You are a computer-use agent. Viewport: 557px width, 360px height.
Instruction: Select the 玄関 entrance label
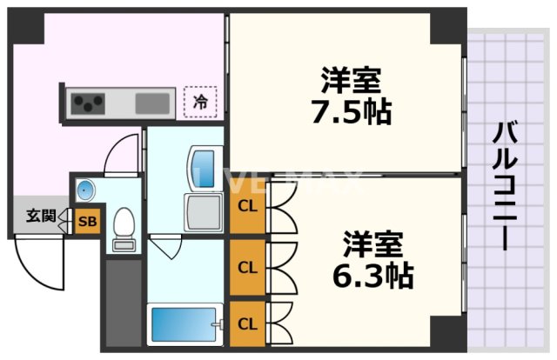click(39, 215)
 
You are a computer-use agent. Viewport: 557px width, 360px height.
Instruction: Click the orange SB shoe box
click(87, 222)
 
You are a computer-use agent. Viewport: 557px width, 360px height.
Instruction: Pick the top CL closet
click(247, 209)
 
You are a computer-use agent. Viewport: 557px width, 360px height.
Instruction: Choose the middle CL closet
click(247, 267)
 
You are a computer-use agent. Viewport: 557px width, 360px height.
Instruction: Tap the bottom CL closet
click(247, 324)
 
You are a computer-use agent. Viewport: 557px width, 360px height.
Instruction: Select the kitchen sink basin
click(153, 103)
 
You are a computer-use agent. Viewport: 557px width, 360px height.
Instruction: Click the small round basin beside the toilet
click(85, 190)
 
